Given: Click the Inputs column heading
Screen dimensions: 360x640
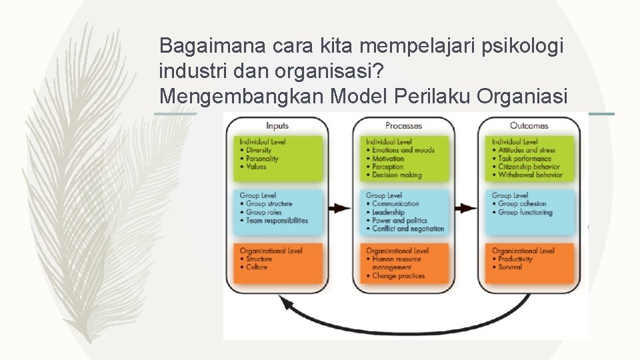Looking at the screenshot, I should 277,125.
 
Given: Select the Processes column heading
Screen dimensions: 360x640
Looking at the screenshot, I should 403,125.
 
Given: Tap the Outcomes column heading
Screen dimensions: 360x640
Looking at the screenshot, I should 529,125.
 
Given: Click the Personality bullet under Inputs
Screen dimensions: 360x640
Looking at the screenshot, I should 262,159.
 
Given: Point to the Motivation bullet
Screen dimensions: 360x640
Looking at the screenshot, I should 388,159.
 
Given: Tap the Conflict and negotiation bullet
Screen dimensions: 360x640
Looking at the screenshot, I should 407,229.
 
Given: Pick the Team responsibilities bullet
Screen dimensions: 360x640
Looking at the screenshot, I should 277,221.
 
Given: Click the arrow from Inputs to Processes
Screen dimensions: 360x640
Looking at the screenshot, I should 339,208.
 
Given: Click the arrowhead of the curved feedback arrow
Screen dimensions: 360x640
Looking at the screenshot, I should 287,303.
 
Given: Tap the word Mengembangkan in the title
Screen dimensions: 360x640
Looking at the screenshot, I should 242,96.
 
